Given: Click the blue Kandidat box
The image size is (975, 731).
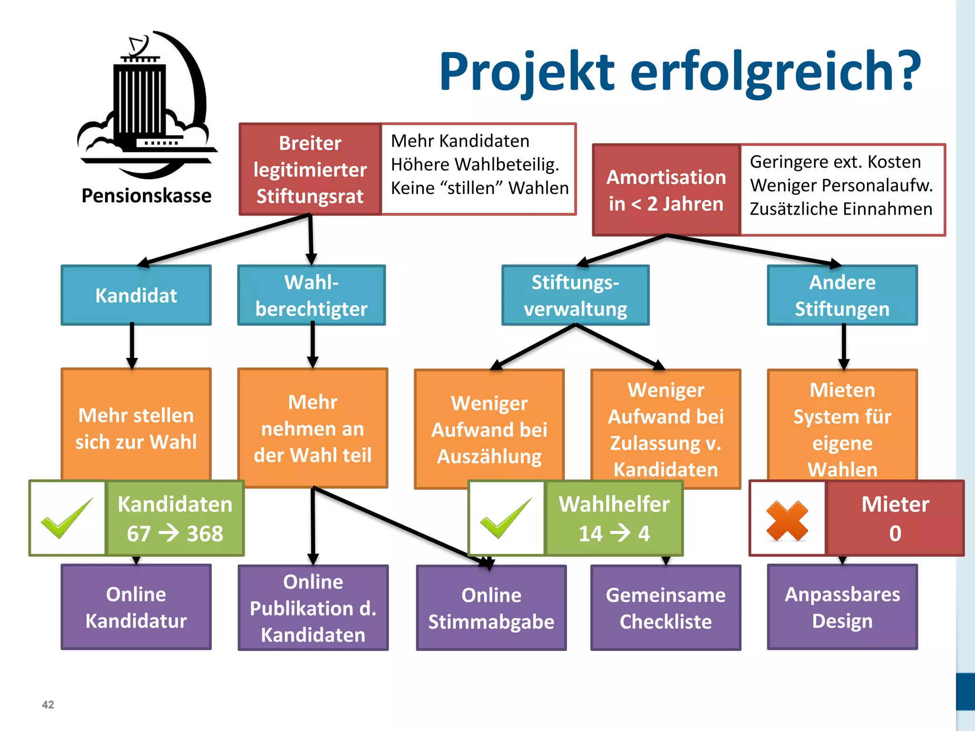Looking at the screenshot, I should tap(136, 295).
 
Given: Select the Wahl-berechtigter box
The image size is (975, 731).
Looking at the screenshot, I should tap(311, 295).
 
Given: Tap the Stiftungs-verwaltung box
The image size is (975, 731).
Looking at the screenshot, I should tap(575, 295).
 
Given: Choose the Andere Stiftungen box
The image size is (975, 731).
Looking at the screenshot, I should tap(842, 295).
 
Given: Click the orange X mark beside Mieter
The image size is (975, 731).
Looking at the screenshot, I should tap(787, 521).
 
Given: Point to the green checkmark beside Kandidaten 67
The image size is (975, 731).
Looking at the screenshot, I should tap(67, 518).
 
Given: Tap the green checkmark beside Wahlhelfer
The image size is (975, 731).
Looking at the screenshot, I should tap(506, 518).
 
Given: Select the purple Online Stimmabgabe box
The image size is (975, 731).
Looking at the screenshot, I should tap(491, 608).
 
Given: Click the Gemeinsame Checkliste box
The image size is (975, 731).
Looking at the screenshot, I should tap(666, 608).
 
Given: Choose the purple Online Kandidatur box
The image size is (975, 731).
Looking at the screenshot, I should tap(136, 607).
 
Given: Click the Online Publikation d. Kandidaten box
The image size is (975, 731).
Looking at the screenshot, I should tap(313, 608).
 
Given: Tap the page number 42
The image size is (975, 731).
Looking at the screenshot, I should tap(48, 704).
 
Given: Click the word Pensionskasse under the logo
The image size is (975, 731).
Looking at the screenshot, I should tap(146, 196).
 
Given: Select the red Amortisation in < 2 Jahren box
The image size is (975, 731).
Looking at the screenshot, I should tap(666, 190).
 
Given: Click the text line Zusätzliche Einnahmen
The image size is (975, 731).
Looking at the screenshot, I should tap(841, 209).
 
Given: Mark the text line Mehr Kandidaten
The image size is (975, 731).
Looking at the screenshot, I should tap(460, 141).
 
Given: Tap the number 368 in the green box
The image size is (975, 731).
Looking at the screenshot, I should tap(205, 533).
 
